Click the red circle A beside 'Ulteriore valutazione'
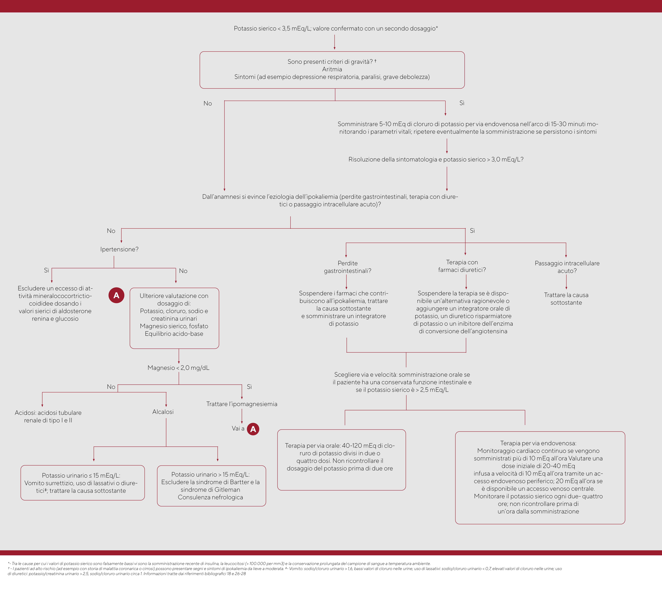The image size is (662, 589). [116, 295]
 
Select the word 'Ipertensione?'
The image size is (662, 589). [119, 249]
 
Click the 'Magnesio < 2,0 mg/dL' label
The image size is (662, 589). [178, 368]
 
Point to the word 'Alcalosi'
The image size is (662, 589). [163, 412]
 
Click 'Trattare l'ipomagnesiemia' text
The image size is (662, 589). [242, 404]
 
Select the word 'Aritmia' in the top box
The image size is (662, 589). [332, 69]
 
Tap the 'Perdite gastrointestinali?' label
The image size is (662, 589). [347, 267]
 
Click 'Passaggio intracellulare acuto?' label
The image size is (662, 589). [567, 267]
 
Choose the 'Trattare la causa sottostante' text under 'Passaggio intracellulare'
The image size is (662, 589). [566, 299]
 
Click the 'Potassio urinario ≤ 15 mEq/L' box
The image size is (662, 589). [83, 483]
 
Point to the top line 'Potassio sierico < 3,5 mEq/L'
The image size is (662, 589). [336, 29]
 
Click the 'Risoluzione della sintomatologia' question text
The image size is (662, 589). [436, 159]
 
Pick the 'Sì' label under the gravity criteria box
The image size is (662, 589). [462, 103]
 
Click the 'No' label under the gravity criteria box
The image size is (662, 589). [208, 103]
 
